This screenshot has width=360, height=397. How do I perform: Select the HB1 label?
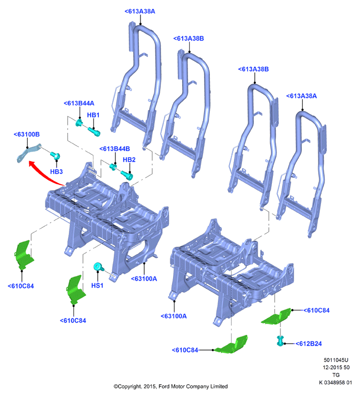click(x=93, y=115)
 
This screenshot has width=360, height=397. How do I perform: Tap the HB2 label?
click(x=129, y=160)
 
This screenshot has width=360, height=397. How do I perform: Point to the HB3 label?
click(x=56, y=172)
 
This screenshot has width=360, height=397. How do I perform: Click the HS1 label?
click(x=97, y=285)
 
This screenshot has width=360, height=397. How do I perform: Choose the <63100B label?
click(x=27, y=134)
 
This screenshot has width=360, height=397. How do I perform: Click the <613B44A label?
click(x=79, y=104)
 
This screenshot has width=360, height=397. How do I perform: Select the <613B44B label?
click(x=115, y=149)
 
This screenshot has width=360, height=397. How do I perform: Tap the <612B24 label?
click(x=309, y=344)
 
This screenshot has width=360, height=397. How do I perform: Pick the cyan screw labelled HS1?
click(x=98, y=267)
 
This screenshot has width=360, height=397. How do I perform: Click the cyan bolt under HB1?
click(x=94, y=131)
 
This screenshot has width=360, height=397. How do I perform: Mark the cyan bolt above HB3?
click(x=55, y=155)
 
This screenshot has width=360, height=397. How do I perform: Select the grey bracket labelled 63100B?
click(x=28, y=153)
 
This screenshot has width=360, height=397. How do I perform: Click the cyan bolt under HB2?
click(x=127, y=175)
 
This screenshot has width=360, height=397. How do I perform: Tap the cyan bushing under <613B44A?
click(x=79, y=123)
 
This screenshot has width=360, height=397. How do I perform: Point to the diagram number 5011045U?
click(x=336, y=360)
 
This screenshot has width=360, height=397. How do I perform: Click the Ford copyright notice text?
click(x=170, y=387)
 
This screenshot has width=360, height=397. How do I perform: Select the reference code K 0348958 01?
click(x=335, y=383)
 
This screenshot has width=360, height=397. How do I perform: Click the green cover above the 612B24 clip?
click(x=276, y=316)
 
